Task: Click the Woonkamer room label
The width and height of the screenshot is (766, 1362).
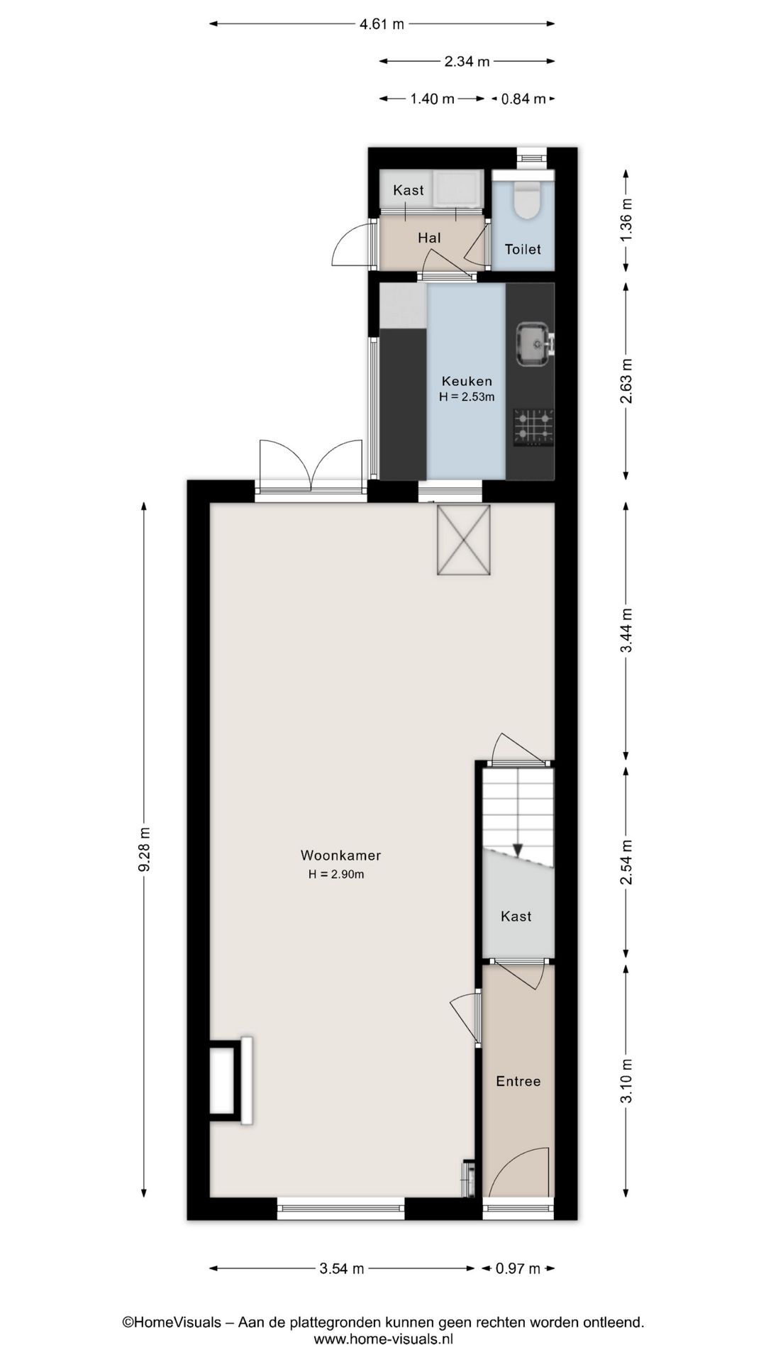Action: tap(340, 856)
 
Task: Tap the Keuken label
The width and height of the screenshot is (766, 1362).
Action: tap(467, 381)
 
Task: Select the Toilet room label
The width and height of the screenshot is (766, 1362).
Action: tap(523, 249)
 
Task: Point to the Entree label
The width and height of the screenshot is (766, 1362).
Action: tap(518, 1081)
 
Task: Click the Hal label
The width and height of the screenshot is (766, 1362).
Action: tap(429, 238)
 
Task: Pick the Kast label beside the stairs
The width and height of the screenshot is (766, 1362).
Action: tap(516, 916)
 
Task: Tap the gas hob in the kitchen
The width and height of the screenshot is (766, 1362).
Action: tap(533, 427)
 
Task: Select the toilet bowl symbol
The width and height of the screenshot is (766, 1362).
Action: tap(527, 199)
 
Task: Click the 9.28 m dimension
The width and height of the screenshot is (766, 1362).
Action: tap(144, 849)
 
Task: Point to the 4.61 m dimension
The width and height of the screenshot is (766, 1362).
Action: tap(382, 24)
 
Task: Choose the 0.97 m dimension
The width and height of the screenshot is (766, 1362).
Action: tap(518, 1268)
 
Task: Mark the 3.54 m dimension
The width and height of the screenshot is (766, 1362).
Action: tap(342, 1268)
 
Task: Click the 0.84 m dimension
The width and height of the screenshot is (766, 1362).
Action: tap(523, 99)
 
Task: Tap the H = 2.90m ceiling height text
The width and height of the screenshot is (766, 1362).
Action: tap(336, 875)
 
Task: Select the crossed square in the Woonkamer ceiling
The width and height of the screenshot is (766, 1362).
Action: tap(463, 540)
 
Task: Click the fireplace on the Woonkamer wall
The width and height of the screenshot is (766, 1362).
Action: tap(228, 1080)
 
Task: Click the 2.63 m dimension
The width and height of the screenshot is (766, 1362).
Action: tap(626, 381)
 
